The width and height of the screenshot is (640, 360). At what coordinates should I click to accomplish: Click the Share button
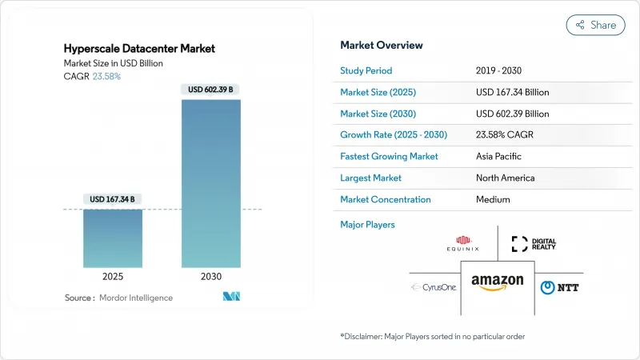pyautogui.click(x=596, y=25)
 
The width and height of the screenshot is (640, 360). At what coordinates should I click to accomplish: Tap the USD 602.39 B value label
pyautogui.click(x=211, y=90)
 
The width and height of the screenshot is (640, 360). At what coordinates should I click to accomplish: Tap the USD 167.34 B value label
pyautogui.click(x=113, y=199)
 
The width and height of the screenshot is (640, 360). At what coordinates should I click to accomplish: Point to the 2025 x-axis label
pyautogui.click(x=113, y=276)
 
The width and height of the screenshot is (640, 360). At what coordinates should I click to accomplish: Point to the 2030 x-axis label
pyautogui.click(x=211, y=276)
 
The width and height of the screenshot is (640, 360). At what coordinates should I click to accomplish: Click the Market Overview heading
pyautogui.click(x=382, y=45)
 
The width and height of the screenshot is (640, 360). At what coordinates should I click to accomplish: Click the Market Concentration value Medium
pyautogui.click(x=492, y=199)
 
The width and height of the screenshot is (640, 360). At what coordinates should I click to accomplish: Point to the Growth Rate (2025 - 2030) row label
pyautogui.click(x=394, y=135)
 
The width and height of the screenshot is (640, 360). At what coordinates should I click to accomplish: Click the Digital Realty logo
pyautogui.click(x=534, y=244)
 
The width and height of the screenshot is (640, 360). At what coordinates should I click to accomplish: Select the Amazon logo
pyautogui.click(x=497, y=283)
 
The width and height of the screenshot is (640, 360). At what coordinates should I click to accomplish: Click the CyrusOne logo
pyautogui.click(x=434, y=287)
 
